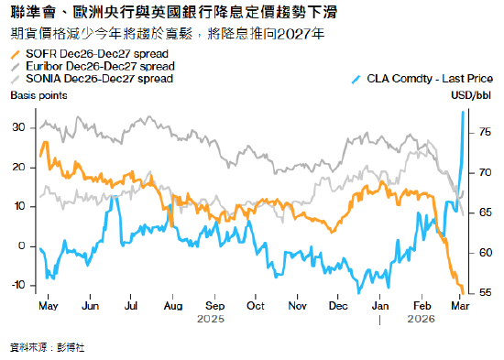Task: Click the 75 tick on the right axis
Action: click(484, 133)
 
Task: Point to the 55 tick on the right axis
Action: click(484, 293)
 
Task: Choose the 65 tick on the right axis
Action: click(484, 213)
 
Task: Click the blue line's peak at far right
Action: click(463, 112)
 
